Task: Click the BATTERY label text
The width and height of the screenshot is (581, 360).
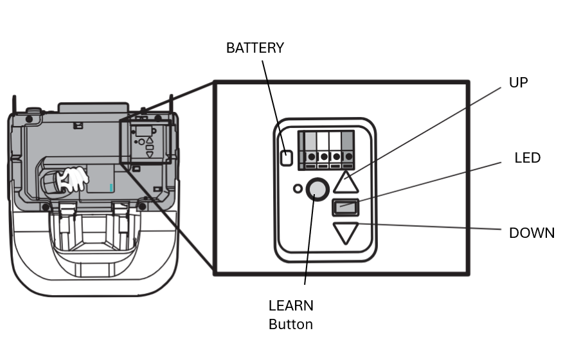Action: [x=255, y=48]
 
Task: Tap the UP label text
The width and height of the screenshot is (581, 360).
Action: [x=518, y=82]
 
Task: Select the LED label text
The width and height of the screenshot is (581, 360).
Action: [x=527, y=158]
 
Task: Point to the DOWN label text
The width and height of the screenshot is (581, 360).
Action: [x=532, y=233]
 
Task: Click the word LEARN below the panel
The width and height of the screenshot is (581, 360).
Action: [x=291, y=305]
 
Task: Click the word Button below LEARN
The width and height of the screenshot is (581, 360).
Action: [x=291, y=325]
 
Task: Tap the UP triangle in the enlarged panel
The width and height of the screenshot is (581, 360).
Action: [x=346, y=183]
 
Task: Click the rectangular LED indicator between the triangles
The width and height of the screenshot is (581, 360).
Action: [x=345, y=207]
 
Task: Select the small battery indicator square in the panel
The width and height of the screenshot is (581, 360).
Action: [x=287, y=158]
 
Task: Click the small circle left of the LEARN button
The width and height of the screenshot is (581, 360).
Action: [x=298, y=189]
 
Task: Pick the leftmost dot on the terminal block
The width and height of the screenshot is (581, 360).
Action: [x=311, y=157]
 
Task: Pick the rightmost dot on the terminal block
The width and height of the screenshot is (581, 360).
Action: [x=349, y=157]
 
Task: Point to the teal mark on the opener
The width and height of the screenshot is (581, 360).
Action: [x=111, y=188]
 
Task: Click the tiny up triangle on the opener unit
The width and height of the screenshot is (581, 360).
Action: [x=150, y=141]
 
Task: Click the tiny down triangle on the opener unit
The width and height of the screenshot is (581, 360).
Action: [x=150, y=154]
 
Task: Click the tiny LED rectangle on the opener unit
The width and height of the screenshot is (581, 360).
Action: [x=150, y=148]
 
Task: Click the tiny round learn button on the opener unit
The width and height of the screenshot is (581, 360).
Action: [x=141, y=142]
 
